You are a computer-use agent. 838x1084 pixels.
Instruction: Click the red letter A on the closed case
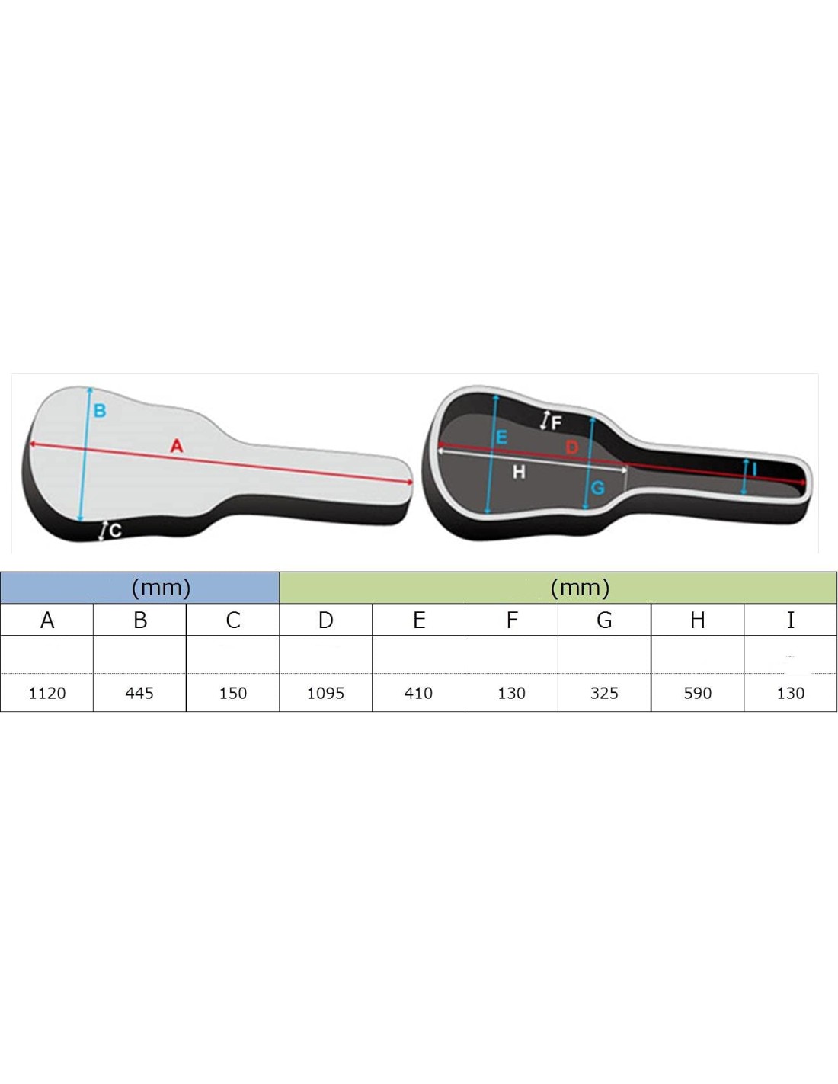(x=177, y=445)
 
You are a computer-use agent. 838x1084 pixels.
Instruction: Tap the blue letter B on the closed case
(x=100, y=411)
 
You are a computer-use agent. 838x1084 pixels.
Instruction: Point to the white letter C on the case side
(x=115, y=531)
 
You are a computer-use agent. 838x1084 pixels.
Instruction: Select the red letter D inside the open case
(x=572, y=447)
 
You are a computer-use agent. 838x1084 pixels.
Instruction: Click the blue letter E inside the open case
(x=502, y=437)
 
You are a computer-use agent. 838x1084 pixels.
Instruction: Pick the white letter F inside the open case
(x=556, y=423)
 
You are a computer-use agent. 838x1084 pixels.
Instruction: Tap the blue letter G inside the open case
(x=598, y=487)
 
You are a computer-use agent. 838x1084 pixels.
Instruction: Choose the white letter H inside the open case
(x=519, y=471)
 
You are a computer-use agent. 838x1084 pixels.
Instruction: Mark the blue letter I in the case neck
(x=754, y=469)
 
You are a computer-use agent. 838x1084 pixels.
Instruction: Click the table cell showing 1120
(x=47, y=693)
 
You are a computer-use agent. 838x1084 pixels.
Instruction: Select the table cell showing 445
(x=139, y=693)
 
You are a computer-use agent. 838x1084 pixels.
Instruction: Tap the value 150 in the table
(x=233, y=693)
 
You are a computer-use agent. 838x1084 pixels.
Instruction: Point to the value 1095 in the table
(x=325, y=693)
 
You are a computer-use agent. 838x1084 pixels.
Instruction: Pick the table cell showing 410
(x=418, y=693)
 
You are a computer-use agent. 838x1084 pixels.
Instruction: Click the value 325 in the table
(x=604, y=693)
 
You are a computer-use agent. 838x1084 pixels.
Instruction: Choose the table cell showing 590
(x=697, y=693)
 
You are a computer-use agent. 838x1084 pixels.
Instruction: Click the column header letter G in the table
(x=604, y=620)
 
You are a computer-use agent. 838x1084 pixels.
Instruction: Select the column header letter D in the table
(x=325, y=620)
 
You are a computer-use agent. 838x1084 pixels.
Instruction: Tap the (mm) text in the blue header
(x=161, y=589)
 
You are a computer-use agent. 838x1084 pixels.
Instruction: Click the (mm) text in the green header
(x=580, y=589)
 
